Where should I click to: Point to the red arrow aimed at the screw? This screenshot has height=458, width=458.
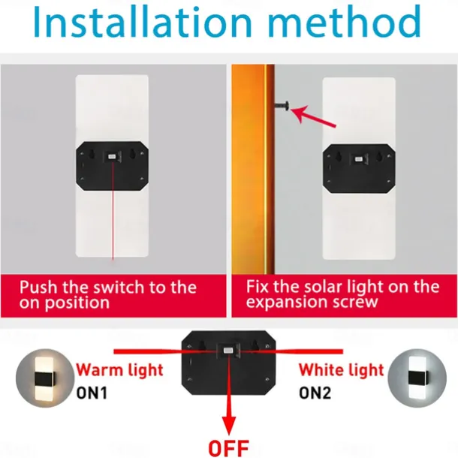point(313,116)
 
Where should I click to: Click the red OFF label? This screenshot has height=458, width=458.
point(229,447)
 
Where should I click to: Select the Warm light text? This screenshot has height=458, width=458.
point(119,370)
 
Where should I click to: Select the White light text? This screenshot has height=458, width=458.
point(341,370)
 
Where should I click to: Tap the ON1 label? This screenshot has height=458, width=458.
point(92,393)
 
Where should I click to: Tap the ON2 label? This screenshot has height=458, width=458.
point(315,393)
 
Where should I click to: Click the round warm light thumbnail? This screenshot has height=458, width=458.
point(45,378)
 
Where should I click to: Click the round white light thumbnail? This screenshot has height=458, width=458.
point(417,378)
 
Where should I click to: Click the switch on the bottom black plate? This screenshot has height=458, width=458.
point(228,351)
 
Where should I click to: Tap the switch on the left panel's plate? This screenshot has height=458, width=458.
point(112,157)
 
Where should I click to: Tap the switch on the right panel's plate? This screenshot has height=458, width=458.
point(359,159)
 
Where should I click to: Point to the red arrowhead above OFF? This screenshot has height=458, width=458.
point(229,425)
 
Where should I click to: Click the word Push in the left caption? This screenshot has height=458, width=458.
point(38,288)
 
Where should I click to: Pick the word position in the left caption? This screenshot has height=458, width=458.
point(77,303)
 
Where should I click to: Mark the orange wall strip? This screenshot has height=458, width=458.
point(253,169)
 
